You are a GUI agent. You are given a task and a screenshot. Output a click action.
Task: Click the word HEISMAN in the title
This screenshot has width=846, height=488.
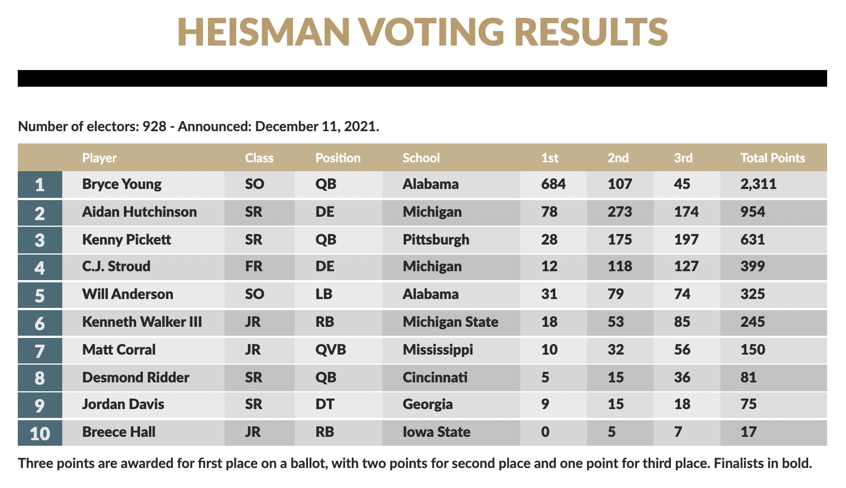click(263, 32)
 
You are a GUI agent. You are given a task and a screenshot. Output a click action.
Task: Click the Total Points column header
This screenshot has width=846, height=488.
click(772, 158)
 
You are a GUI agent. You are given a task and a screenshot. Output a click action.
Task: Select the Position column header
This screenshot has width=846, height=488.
click(337, 158)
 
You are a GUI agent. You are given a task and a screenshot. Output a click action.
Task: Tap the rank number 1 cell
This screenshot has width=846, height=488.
click(39, 185)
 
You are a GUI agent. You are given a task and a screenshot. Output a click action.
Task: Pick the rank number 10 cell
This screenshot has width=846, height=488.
click(39, 433)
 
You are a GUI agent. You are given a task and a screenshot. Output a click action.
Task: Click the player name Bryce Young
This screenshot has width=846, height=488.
click(122, 184)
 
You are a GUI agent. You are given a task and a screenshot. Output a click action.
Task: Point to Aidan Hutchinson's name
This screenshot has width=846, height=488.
click(139, 212)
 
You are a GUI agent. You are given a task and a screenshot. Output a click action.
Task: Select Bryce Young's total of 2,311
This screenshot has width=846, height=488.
click(758, 184)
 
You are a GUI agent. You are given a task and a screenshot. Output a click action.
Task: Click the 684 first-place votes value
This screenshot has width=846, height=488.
click(553, 184)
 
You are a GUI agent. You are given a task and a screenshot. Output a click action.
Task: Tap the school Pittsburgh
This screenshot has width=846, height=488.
click(436, 240)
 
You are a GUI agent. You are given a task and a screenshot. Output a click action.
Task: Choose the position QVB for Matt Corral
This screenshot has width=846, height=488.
click(330, 350)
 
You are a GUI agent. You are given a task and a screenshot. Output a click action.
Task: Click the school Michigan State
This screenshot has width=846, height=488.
click(450, 322)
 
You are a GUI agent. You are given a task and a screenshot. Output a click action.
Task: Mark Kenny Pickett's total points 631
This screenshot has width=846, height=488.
click(753, 240)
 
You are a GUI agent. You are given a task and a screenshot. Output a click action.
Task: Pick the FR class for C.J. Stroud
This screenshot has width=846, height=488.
click(253, 266)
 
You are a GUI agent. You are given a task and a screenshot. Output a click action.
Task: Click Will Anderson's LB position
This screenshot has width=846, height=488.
click(324, 294)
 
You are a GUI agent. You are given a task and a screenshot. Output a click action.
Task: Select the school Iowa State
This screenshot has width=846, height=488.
click(436, 432)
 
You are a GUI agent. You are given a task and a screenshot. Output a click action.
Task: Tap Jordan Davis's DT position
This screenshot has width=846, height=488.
click(325, 404)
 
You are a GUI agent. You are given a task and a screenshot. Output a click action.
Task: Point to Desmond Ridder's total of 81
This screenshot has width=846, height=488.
click(748, 377)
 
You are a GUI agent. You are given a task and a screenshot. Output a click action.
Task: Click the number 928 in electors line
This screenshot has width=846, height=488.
click(154, 126)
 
